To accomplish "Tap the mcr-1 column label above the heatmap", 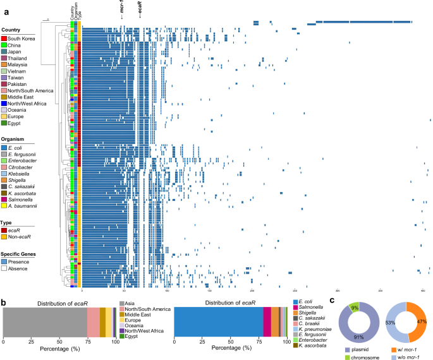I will click(121, 10).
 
